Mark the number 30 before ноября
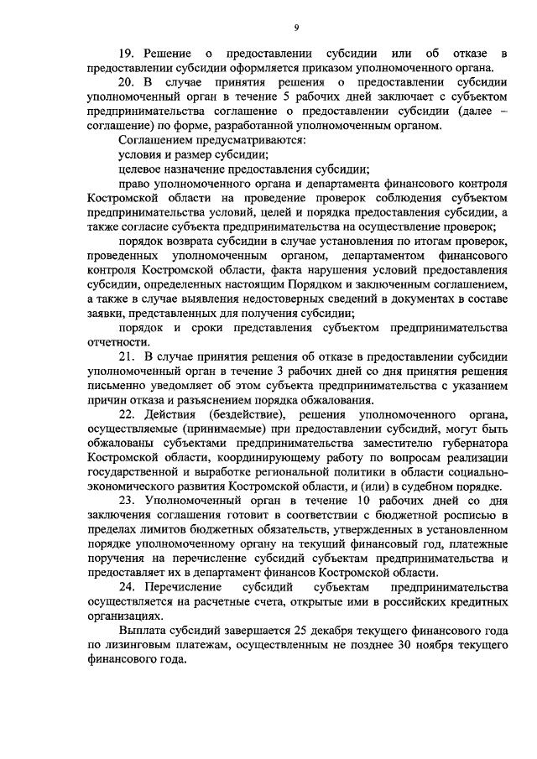coord(377,644)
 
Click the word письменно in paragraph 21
coord(117,387)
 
